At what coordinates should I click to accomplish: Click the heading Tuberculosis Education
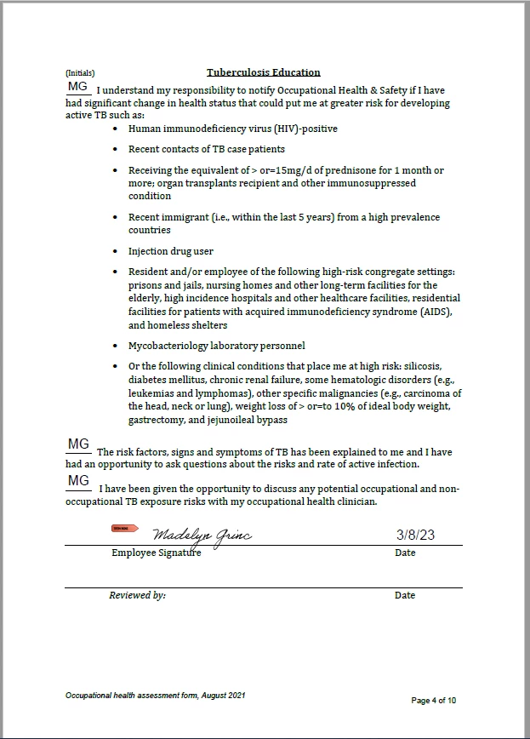click(x=263, y=72)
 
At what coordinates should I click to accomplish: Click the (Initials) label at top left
click(x=80, y=73)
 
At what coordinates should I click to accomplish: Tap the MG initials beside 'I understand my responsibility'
click(x=78, y=87)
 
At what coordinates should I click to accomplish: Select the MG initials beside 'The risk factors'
click(x=78, y=444)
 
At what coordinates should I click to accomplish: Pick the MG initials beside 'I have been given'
click(x=78, y=481)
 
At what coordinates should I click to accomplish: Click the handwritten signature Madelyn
click(x=202, y=535)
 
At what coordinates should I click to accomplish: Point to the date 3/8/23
click(x=415, y=535)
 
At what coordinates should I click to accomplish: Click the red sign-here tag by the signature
click(x=125, y=529)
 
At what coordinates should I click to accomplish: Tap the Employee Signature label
click(x=157, y=553)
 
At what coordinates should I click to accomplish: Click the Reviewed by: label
click(x=137, y=596)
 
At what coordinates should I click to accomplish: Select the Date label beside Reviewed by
click(x=405, y=596)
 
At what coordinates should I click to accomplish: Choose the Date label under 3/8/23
click(x=405, y=553)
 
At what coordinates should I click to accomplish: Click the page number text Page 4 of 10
click(x=434, y=701)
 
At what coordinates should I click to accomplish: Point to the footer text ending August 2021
click(x=156, y=696)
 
